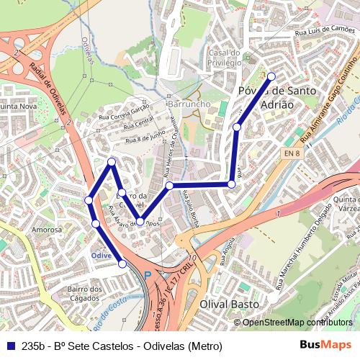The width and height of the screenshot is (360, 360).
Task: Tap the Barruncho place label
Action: click(188, 104)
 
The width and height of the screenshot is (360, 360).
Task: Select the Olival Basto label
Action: click(229, 305)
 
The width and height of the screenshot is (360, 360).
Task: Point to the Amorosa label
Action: click(46, 230)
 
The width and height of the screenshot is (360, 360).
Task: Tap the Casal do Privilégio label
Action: click(224, 58)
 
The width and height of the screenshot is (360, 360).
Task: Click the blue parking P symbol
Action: click(148, 275)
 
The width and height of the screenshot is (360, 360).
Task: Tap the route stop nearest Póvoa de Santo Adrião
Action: click(271, 76)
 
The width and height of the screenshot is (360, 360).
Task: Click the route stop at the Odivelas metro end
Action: click(122, 264)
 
